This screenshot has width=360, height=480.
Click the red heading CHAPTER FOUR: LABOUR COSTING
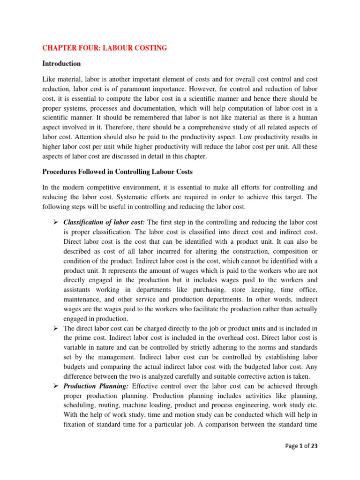[105, 48]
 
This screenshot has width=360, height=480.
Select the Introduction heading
[61, 63]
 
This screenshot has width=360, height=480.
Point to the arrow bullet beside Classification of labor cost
[54, 221]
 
